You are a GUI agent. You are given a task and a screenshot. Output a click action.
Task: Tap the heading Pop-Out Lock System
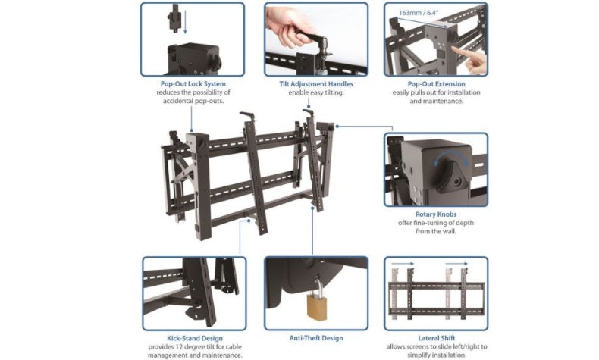click(193, 83)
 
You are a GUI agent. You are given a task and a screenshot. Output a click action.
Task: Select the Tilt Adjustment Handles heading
click(315, 83)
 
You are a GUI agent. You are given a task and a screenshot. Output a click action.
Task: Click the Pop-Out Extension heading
click(435, 83)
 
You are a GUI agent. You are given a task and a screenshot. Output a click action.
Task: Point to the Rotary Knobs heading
click(435, 214)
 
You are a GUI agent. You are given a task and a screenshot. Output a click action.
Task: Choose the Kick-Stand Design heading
click(193, 338)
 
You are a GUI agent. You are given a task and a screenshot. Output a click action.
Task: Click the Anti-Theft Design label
click(315, 338)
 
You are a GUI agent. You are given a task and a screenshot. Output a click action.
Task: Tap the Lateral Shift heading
click(435, 338)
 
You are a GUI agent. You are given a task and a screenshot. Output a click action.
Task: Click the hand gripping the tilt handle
click(292, 29)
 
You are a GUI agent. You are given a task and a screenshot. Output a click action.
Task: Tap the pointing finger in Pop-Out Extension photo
click(475, 60)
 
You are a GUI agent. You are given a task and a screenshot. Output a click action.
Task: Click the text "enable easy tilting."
click(315, 92)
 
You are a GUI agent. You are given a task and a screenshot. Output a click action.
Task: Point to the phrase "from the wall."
click(435, 231)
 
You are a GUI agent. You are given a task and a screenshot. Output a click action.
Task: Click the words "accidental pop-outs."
click(193, 101)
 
